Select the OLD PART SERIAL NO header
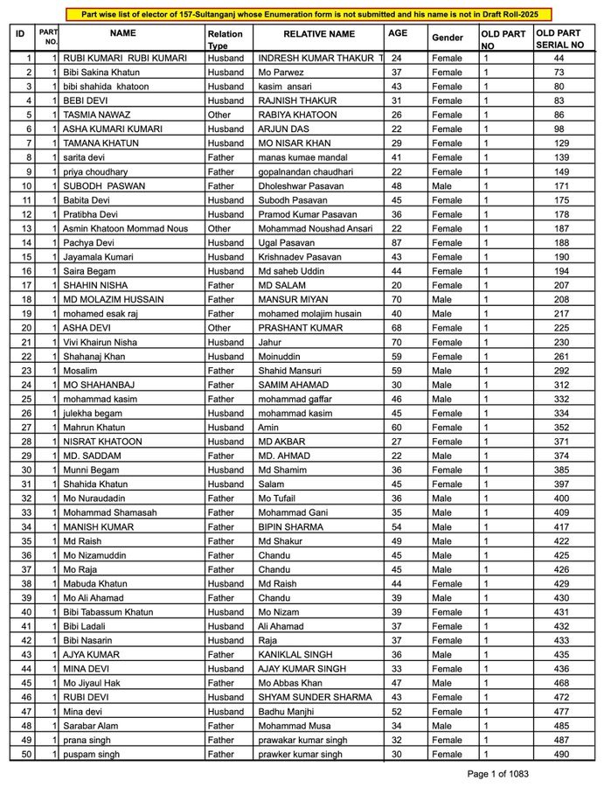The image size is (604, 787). coord(560,38)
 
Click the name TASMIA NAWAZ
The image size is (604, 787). coord(97,115)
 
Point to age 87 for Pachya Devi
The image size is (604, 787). coord(397,242)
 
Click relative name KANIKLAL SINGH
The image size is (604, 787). coord(294,654)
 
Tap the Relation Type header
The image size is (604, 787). coord(226,38)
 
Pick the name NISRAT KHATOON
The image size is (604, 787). coord(102,442)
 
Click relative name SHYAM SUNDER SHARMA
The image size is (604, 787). coord(316,697)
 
